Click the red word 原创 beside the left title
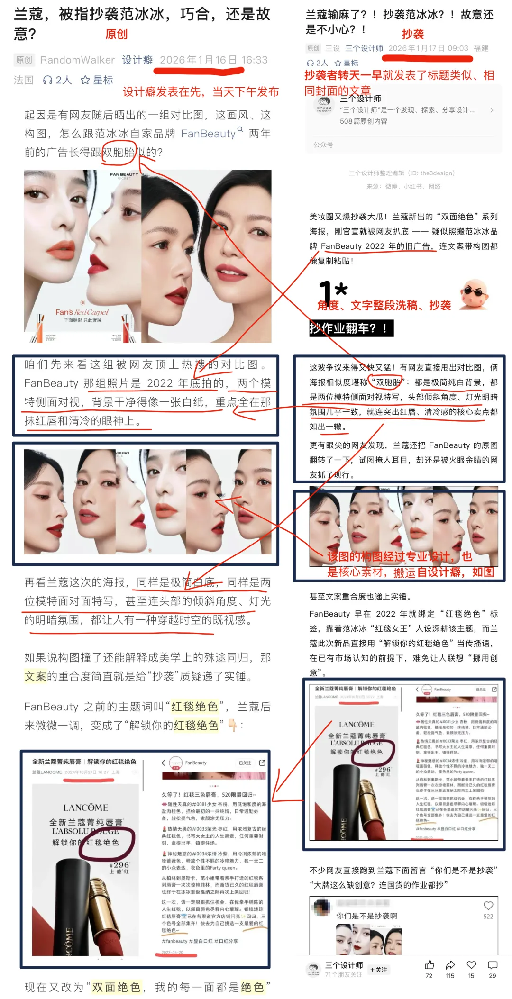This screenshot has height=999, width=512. (116, 34)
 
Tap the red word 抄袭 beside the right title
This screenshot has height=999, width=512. (413, 34)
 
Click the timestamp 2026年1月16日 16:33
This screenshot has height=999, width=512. (213, 60)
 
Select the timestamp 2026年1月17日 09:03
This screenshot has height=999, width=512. (428, 48)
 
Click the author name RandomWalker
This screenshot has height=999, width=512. (77, 60)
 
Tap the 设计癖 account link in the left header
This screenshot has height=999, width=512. (137, 60)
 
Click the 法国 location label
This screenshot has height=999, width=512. (24, 80)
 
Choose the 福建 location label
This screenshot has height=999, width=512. (481, 48)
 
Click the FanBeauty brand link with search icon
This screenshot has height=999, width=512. (211, 134)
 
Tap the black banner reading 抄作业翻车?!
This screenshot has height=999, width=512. (351, 328)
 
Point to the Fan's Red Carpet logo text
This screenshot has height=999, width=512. (82, 312)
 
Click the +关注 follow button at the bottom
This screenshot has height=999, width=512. (379, 970)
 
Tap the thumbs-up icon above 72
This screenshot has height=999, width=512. (429, 965)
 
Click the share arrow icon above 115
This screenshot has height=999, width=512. (450, 965)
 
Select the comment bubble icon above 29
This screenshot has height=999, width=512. (493, 965)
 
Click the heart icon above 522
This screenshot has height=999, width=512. (488, 906)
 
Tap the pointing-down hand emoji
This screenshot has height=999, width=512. (232, 725)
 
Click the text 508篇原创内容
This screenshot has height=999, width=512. (363, 121)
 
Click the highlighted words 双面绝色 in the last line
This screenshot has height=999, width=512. (116, 987)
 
